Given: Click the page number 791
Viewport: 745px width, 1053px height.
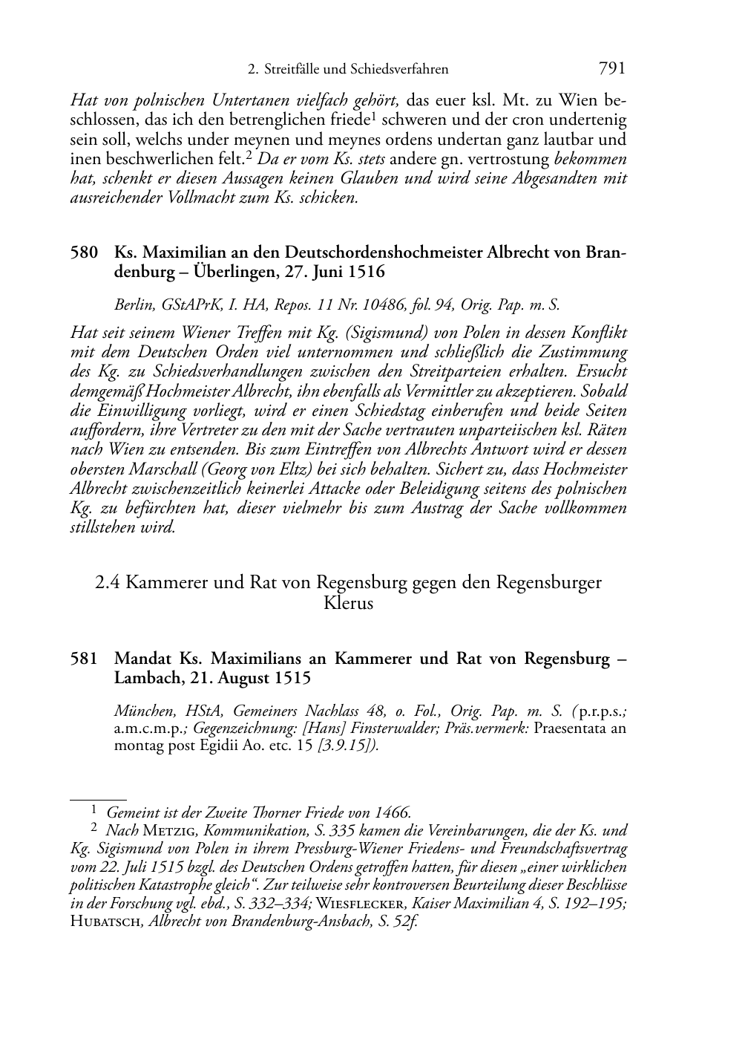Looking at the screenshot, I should click(x=611, y=69).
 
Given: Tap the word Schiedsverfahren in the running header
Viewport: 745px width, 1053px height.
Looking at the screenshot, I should click(x=401, y=70).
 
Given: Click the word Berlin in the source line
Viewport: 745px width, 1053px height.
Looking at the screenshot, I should click(x=131, y=304).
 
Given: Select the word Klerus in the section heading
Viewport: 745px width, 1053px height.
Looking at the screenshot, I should click(x=348, y=602).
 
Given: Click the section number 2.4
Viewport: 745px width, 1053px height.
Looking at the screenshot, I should click(x=108, y=582).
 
